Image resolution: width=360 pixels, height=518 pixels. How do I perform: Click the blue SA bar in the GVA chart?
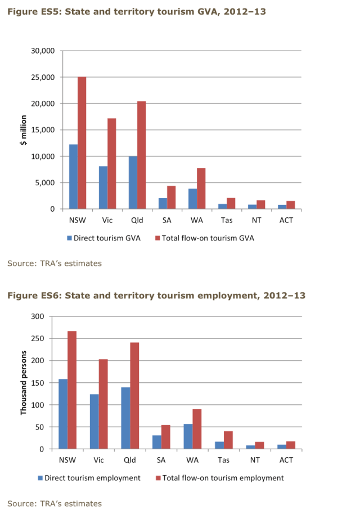pyautogui.click(x=163, y=203)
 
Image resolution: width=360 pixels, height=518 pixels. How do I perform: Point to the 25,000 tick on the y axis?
pyautogui.click(x=42, y=77)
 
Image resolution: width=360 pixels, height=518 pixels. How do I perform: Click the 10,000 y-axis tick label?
pyautogui.click(x=42, y=157)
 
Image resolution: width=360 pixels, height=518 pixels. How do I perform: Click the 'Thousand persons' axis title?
pyautogui.click(x=24, y=383)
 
